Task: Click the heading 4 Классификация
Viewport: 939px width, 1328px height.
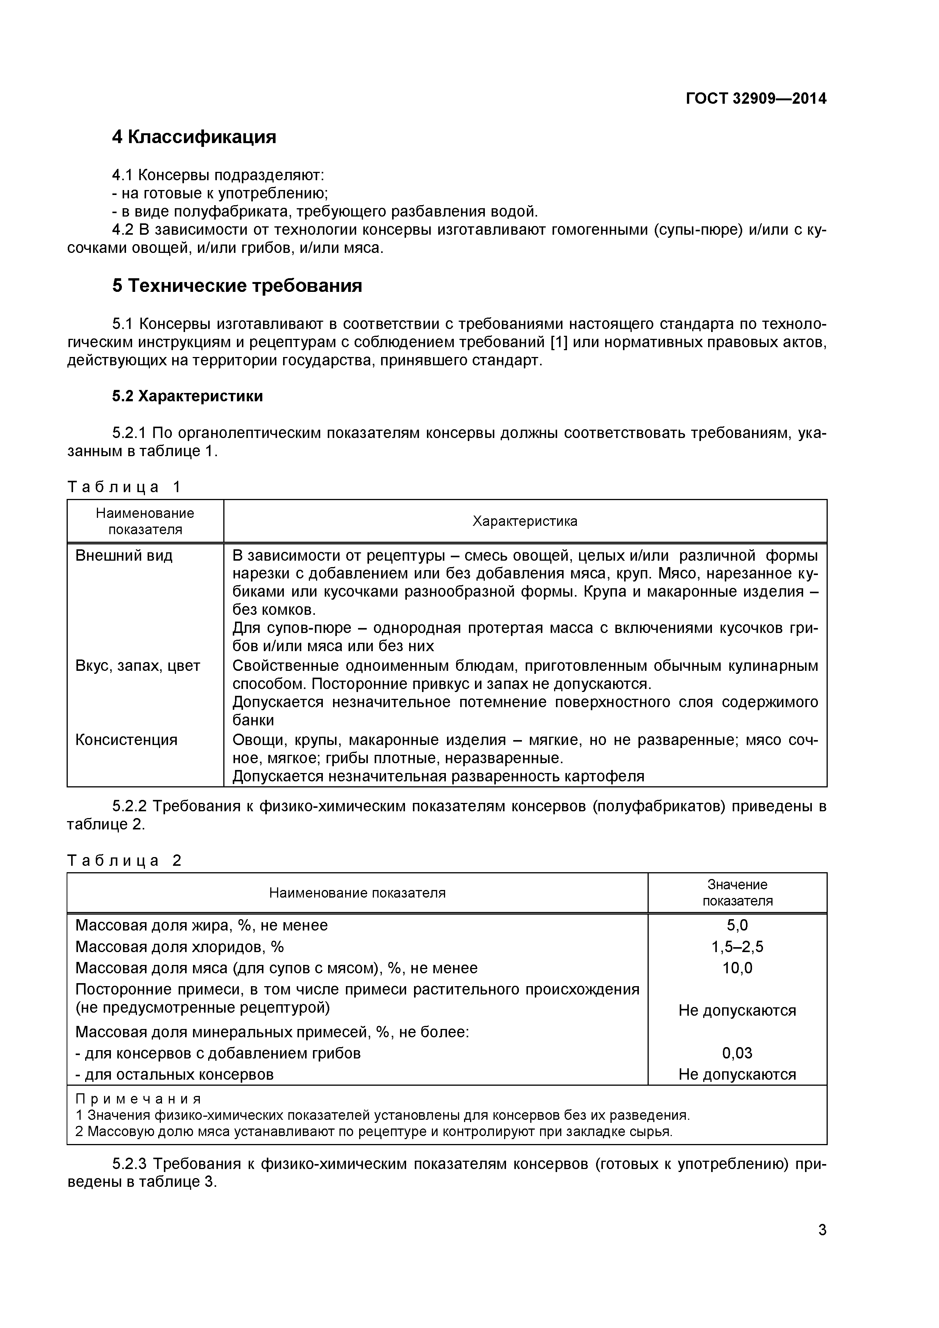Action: point(194,137)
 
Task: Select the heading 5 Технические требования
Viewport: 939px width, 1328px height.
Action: point(237,286)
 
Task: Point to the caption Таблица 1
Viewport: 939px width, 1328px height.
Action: point(124,487)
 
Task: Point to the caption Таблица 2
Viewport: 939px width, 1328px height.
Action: point(124,860)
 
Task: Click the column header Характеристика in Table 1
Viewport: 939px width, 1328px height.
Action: point(525,521)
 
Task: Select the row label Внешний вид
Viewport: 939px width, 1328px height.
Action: point(124,556)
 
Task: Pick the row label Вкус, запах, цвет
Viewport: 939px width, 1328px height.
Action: point(138,666)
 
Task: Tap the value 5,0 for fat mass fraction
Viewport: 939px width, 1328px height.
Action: point(737,926)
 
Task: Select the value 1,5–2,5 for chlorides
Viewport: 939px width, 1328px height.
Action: point(737,947)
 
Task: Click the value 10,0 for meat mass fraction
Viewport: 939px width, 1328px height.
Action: point(737,968)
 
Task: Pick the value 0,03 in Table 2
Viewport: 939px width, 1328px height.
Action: point(737,1053)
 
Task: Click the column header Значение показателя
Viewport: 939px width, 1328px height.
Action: point(737,893)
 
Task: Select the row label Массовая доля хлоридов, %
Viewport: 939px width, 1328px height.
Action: point(179,947)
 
